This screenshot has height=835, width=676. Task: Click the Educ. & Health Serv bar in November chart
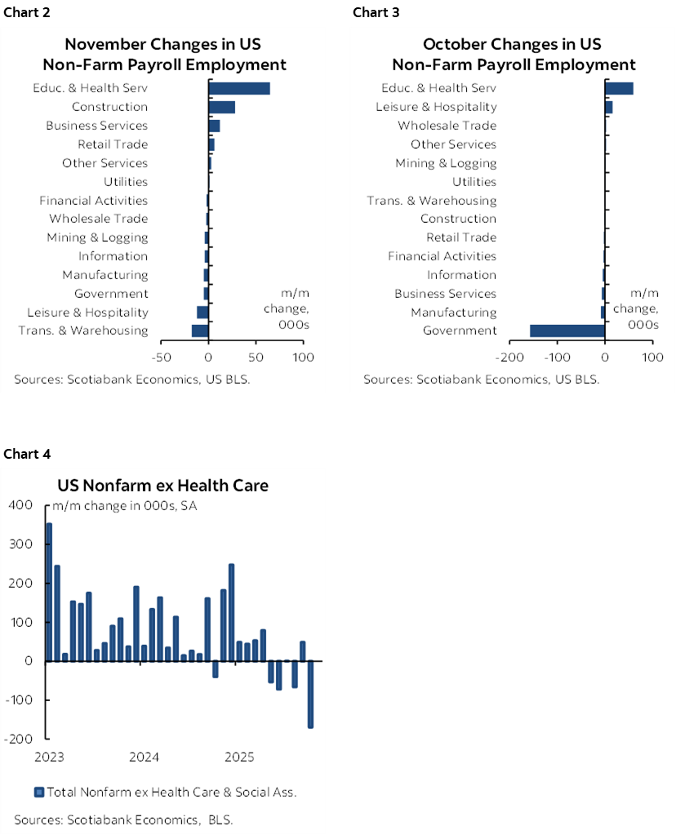[x=239, y=88]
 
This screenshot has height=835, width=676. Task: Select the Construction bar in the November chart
[x=222, y=107]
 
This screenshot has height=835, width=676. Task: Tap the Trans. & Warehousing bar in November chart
[x=200, y=331]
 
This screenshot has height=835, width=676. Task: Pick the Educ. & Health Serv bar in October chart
[x=619, y=88]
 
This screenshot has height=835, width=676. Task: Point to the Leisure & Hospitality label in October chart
[x=436, y=107]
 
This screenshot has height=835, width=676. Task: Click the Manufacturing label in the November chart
[x=105, y=275]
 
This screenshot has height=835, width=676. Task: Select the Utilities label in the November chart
[x=126, y=182]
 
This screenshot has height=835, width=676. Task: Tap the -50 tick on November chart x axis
[x=162, y=358]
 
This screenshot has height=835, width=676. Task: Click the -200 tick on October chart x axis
[x=509, y=358]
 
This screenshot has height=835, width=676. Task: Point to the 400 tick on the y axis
[x=20, y=505]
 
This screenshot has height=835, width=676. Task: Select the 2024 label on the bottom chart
[x=145, y=757]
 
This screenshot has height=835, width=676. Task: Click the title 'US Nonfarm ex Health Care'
[x=176, y=486]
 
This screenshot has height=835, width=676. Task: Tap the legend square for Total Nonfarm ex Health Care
[x=38, y=791]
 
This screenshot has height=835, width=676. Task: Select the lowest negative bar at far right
[x=310, y=694]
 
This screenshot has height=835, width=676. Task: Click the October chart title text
[x=514, y=54]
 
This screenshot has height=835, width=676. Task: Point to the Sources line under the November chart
[x=132, y=380]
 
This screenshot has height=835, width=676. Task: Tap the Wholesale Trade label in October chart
[x=447, y=126]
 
